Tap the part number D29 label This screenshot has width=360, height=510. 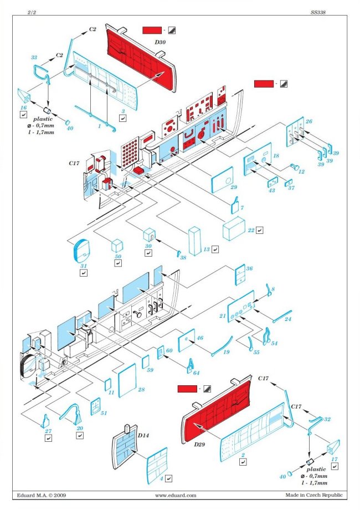pos(198,445)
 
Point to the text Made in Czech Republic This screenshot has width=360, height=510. pos(314,495)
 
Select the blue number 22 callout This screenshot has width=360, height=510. pos(251,229)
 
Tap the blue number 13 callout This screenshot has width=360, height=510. pos(206,250)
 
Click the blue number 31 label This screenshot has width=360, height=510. pos(84,266)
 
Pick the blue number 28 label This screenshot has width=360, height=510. pos(141,390)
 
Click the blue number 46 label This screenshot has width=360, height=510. pos(199,338)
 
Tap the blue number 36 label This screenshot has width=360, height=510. pos(249,268)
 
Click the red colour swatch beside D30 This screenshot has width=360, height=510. pos(152,30)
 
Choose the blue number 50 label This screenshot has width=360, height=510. pos(118,257)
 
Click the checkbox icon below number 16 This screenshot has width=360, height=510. pos(23,115)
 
